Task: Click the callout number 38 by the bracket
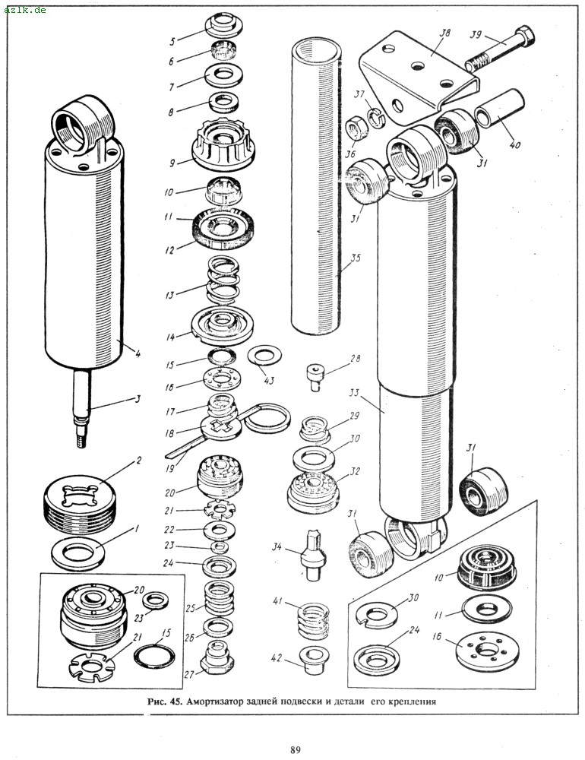pyautogui.click(x=445, y=33)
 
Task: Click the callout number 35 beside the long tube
pyautogui.click(x=355, y=258)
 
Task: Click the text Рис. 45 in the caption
pyautogui.click(x=163, y=701)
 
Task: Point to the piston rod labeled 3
pyautogui.click(x=84, y=410)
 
